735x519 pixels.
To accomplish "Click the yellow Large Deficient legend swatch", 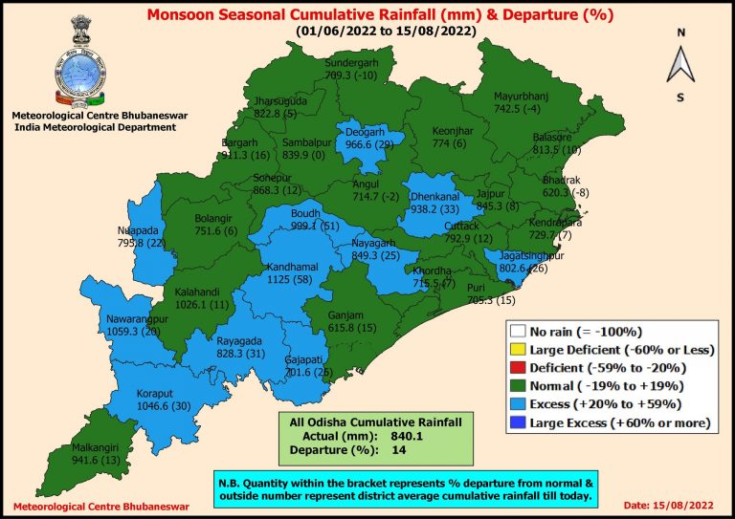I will click(516, 350).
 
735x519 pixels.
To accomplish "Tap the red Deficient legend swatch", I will click(516, 368).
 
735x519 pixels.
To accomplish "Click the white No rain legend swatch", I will click(516, 332).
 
